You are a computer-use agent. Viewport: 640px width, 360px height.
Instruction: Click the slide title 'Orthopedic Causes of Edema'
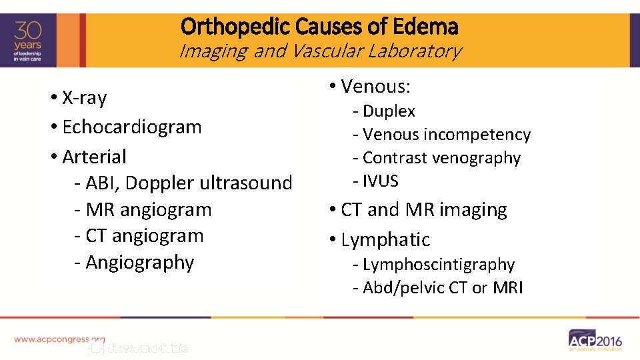point(319,27)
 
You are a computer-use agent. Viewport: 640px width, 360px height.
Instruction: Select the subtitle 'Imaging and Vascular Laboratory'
point(319,51)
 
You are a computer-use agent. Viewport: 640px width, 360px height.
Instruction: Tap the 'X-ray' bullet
point(84,98)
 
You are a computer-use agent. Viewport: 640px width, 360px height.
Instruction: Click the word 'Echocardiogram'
point(131,127)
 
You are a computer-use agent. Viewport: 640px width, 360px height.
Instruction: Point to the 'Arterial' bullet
point(94,157)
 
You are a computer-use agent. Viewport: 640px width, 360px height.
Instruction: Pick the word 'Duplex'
point(389,111)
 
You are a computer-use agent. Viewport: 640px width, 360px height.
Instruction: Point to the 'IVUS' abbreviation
point(380,181)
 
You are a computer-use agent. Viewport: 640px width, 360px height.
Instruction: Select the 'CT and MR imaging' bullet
point(423,210)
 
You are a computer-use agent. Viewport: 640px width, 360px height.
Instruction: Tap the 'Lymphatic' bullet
point(385,239)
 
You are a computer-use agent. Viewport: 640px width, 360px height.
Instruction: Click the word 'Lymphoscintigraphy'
point(438,265)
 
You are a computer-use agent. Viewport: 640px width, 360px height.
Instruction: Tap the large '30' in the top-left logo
point(28,31)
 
